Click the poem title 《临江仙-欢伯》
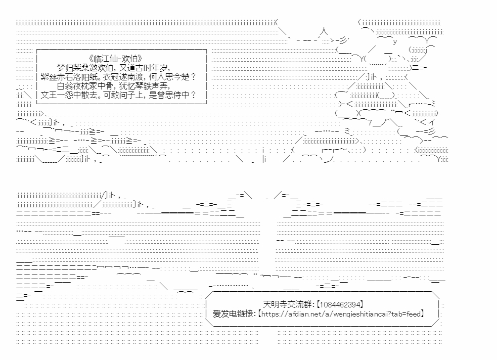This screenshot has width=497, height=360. click(x=115, y=59)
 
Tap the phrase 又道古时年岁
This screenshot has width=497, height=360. click(x=145, y=68)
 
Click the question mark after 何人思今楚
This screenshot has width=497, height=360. click(x=193, y=77)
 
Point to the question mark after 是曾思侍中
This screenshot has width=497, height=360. click(x=193, y=95)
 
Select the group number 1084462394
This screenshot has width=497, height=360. click(x=340, y=304)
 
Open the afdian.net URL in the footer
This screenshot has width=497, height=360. click(x=341, y=314)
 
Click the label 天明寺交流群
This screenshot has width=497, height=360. click(x=288, y=304)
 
